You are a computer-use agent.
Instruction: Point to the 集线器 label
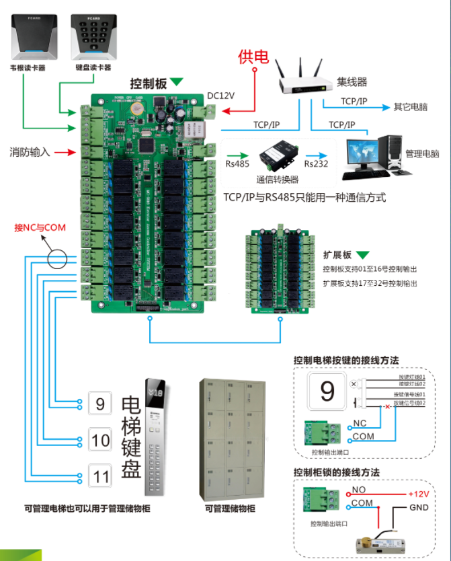(x=352, y=83)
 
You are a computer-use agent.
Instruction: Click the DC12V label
(x=220, y=96)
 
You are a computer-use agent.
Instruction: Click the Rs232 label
(x=315, y=163)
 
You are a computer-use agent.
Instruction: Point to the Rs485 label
(x=237, y=163)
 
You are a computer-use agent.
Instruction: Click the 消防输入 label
(x=30, y=152)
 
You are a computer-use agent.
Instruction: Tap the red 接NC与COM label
(x=40, y=228)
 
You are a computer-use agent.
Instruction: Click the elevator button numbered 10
(x=101, y=441)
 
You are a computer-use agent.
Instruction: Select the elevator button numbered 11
(x=101, y=476)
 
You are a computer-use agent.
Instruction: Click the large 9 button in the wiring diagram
(x=327, y=391)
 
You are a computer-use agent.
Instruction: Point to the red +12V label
(x=418, y=494)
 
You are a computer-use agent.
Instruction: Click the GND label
(x=419, y=508)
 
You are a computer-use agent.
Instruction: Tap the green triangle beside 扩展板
(x=363, y=256)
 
